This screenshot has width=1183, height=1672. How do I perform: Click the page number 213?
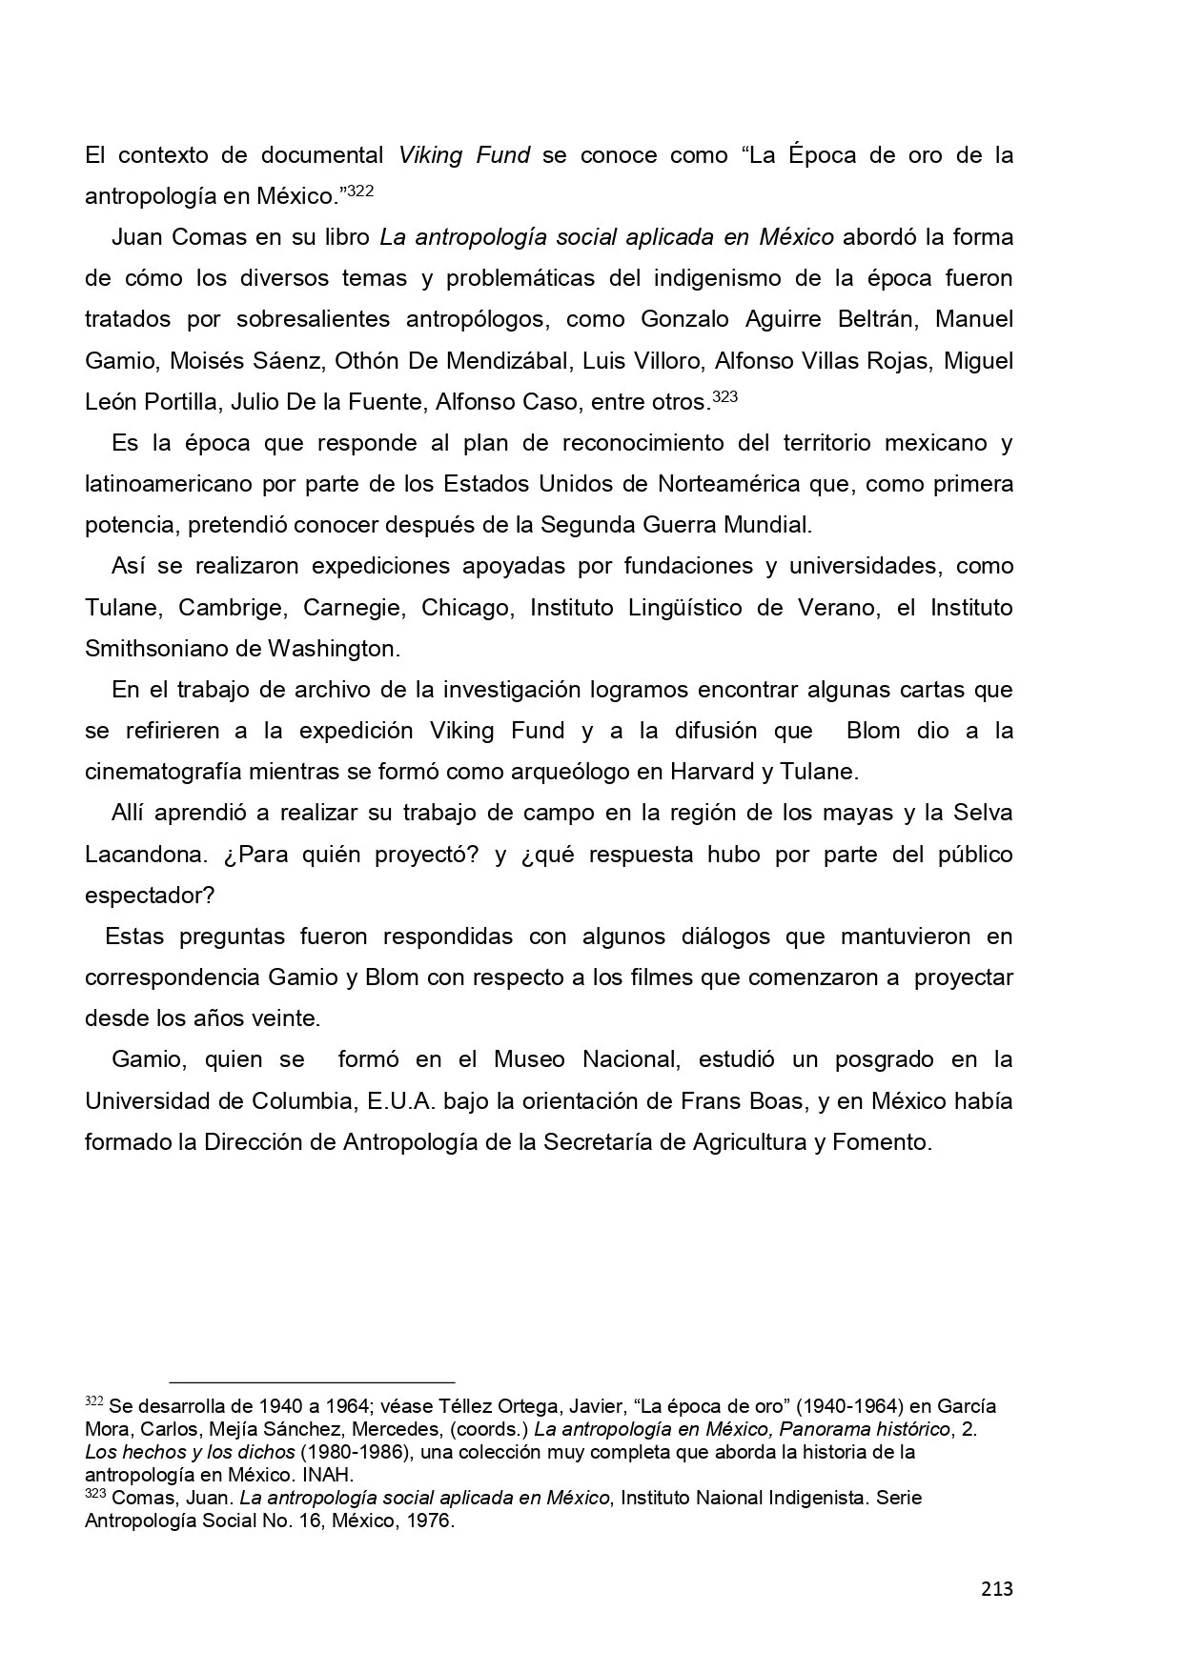996,1588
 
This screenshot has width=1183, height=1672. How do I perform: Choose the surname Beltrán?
878,319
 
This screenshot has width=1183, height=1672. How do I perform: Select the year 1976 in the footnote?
429,1521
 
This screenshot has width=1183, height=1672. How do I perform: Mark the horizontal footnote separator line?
312,1380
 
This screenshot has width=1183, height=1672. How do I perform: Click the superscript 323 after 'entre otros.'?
725,397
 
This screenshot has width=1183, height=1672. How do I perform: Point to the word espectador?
150,896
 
